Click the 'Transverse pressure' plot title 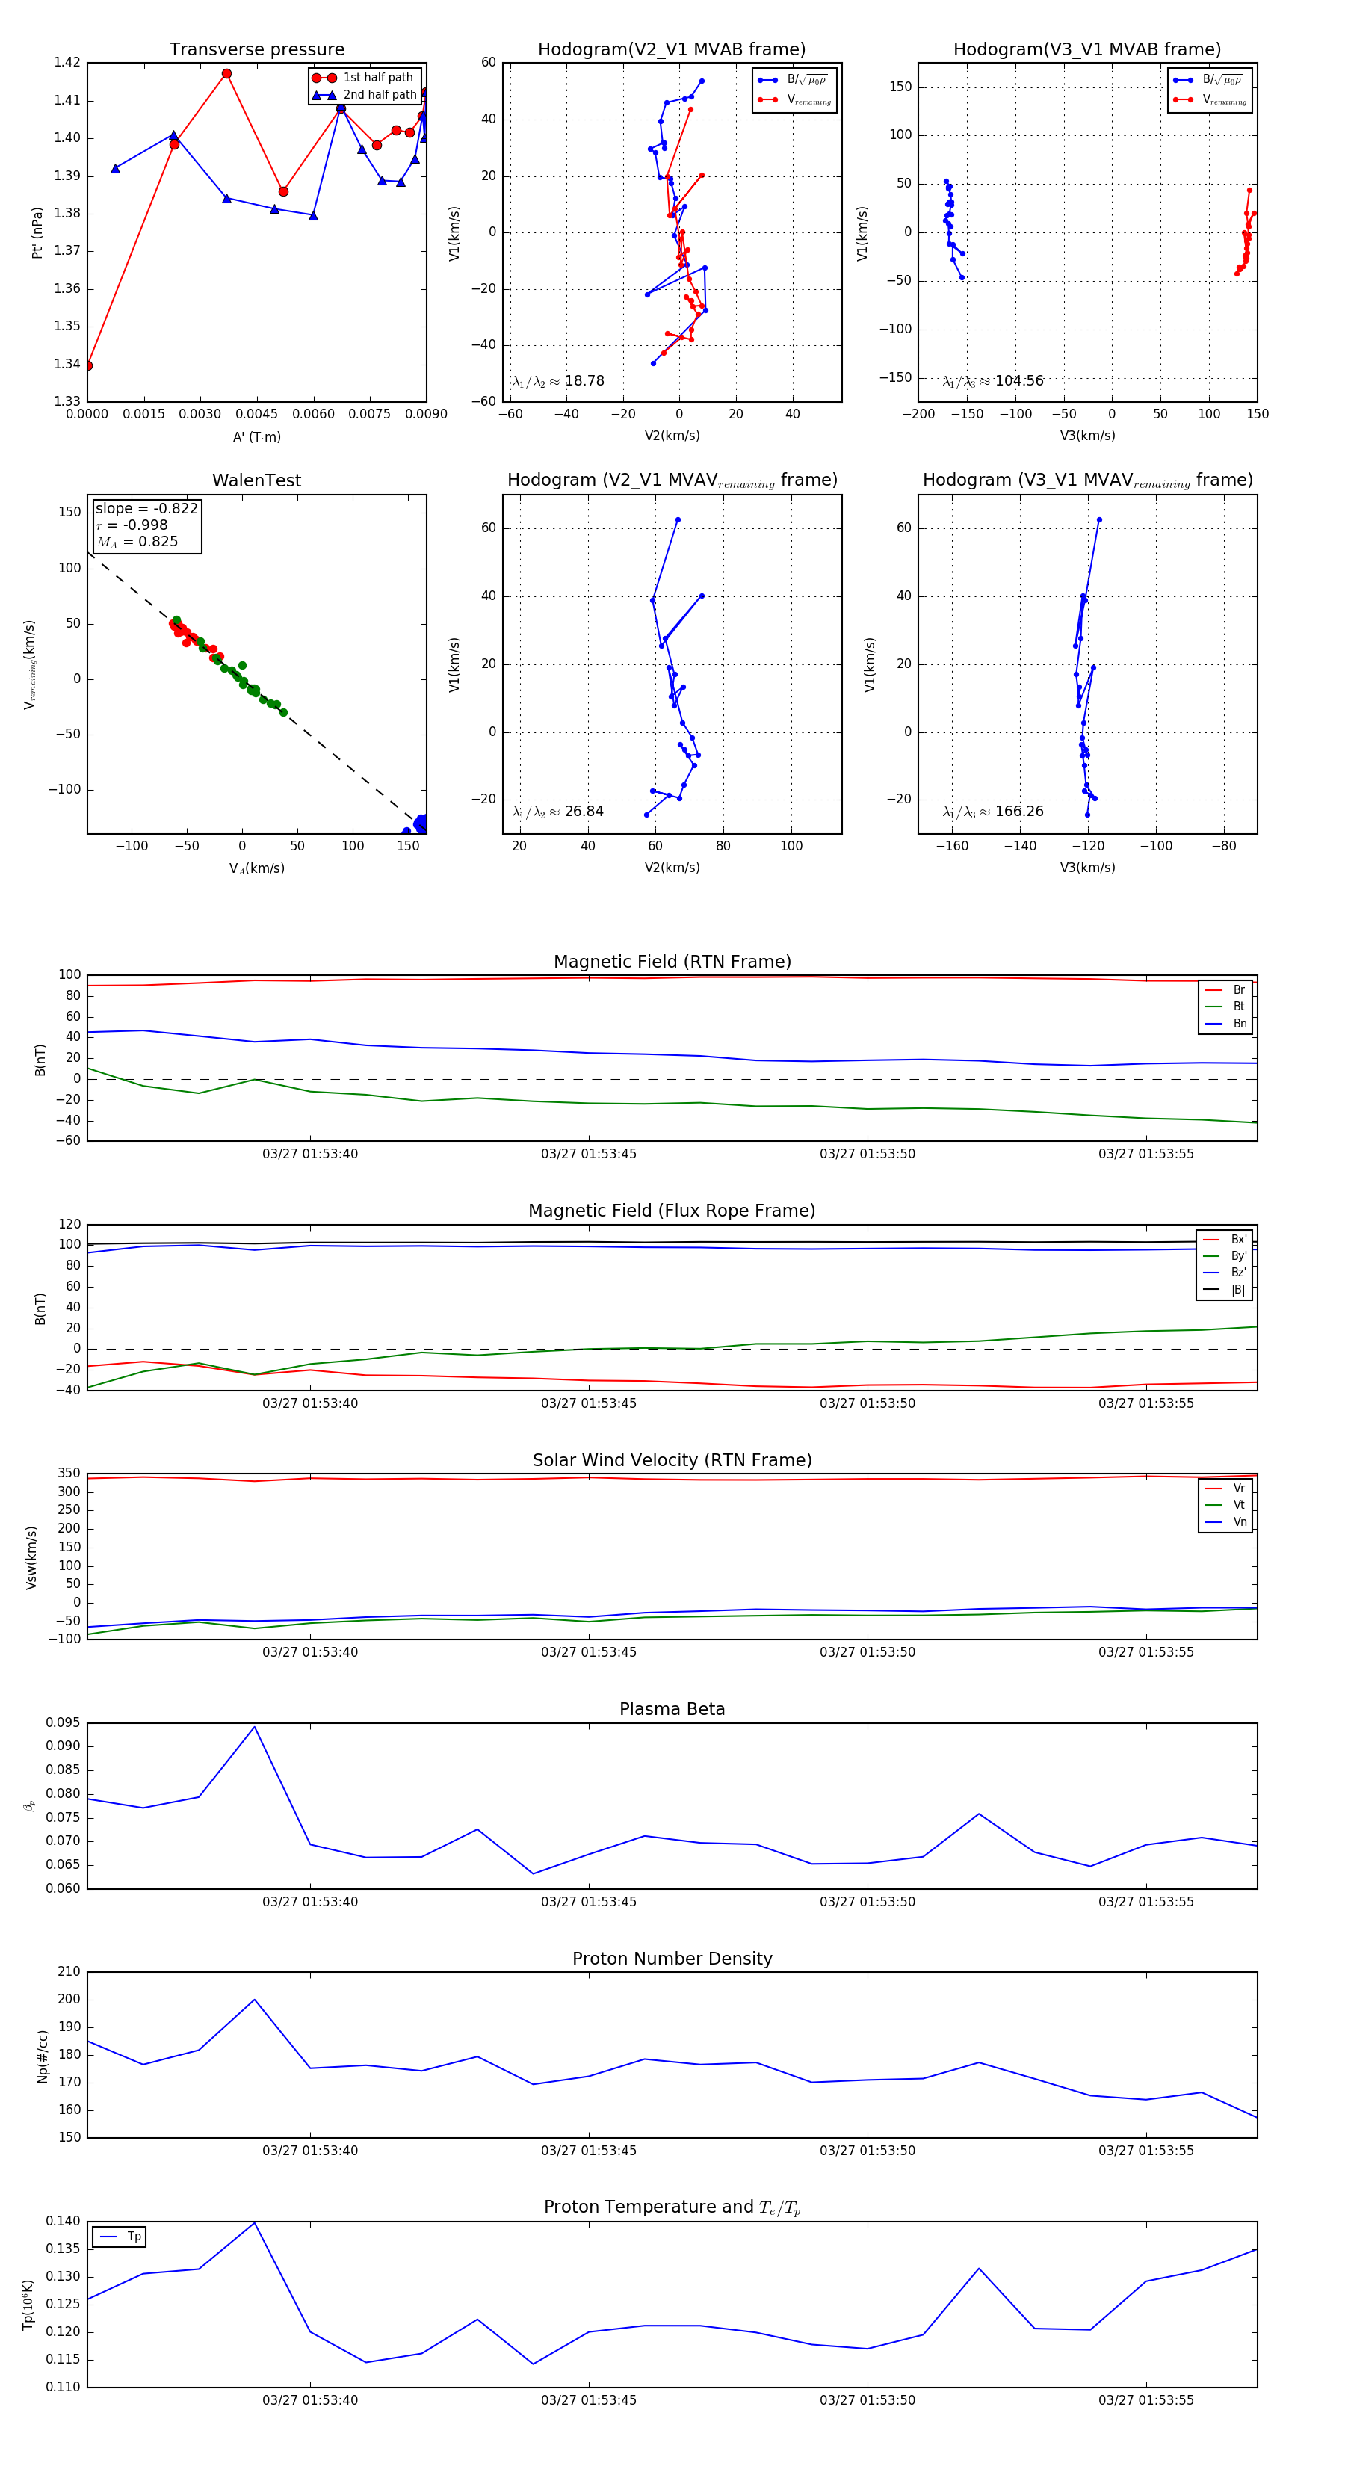pyautogui.click(x=256, y=50)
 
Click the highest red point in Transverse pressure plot pyautogui.click(x=227, y=74)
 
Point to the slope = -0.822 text pyautogui.click(x=146, y=508)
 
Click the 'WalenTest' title pyautogui.click(x=256, y=480)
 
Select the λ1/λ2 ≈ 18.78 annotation pyautogui.click(x=558, y=381)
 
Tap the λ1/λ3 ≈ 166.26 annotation pyautogui.click(x=993, y=812)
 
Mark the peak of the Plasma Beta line pyautogui.click(x=255, y=1727)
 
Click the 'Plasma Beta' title pyautogui.click(x=672, y=1709)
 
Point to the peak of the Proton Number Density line pyautogui.click(x=255, y=2000)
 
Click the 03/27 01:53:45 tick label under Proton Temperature pyautogui.click(x=589, y=2400)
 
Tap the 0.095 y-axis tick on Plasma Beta pyautogui.click(x=64, y=1723)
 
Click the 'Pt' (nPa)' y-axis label pyautogui.click(x=37, y=232)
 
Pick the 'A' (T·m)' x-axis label pyautogui.click(x=256, y=436)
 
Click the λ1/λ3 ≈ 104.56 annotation pyautogui.click(x=993, y=381)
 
